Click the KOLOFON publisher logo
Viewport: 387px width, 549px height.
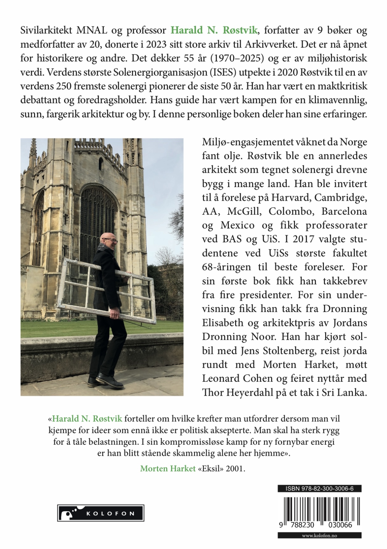[101, 513]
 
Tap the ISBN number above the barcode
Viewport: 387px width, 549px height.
[319, 489]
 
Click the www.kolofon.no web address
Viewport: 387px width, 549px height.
[319, 536]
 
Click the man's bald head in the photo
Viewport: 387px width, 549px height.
[106, 238]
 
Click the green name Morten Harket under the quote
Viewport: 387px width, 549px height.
[168, 469]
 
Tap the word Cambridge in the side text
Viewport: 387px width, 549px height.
[340, 198]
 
